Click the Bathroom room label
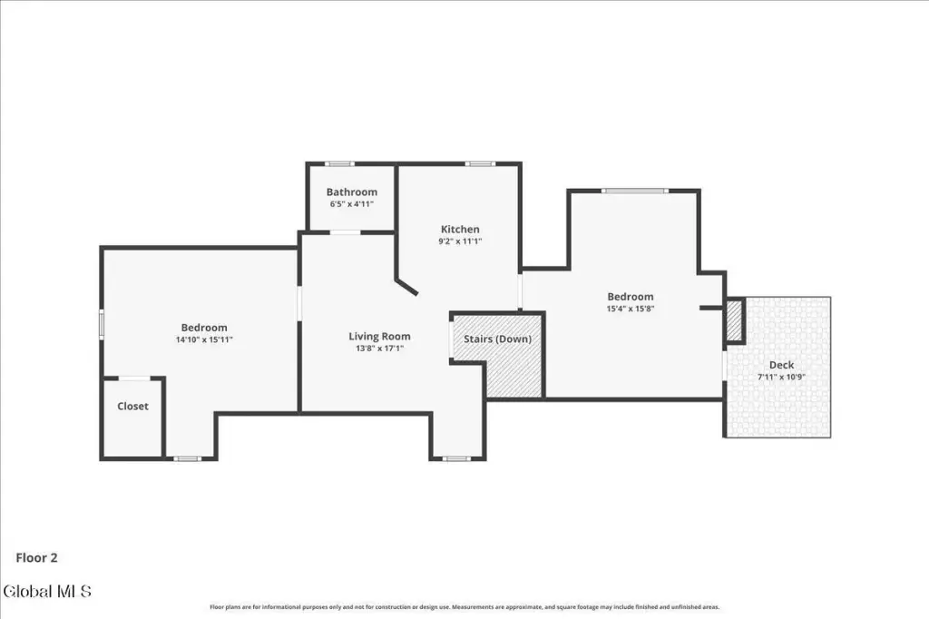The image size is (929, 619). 351,192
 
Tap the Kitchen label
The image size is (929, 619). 460,230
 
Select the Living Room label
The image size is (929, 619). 379,337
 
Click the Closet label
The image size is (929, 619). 132,406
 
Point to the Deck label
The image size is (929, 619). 781,365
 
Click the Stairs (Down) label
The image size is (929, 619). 497,339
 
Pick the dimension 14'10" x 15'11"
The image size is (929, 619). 204,339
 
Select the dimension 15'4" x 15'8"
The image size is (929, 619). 630,309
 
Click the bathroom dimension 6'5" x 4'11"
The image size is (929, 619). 351,204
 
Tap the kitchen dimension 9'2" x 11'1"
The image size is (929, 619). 460,241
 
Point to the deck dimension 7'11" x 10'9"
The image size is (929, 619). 781,377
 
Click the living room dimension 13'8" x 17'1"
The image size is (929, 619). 379,349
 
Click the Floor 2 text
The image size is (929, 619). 36,558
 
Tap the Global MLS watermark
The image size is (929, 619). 47,591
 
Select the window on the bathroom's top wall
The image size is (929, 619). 339,163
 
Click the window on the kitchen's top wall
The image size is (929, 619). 480,163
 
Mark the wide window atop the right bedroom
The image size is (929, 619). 635,191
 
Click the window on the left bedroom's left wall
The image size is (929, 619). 102,324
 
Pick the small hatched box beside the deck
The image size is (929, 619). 735,320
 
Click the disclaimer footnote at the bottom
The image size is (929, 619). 464,607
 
